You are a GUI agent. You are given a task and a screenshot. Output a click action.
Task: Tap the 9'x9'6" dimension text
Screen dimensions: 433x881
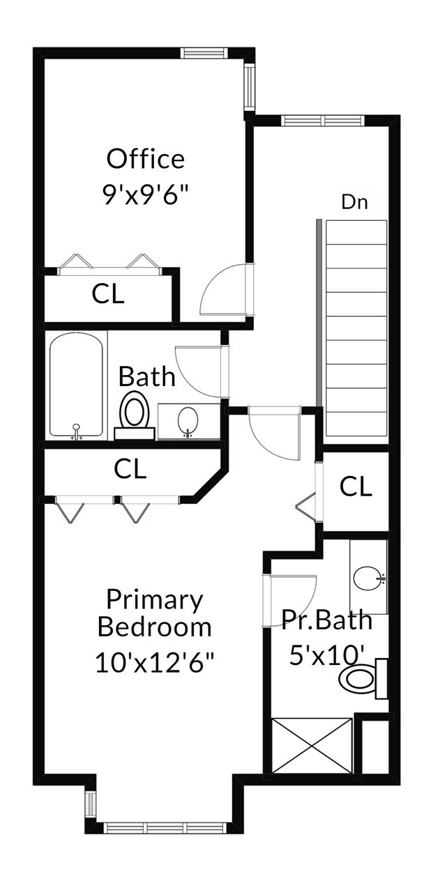145,194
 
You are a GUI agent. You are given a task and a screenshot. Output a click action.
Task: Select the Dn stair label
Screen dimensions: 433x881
354,202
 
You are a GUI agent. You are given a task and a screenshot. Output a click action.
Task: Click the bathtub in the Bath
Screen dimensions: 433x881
76,385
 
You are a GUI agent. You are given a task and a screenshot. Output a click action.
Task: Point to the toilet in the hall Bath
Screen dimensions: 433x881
134,415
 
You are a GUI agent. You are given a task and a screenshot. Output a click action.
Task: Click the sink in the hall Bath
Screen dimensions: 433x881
188,421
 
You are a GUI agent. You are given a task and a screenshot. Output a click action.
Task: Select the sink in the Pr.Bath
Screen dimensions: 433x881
368,577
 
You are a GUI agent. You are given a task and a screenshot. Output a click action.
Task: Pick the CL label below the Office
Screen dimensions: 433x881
108,294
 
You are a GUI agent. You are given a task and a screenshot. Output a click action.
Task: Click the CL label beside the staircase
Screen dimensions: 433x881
356,486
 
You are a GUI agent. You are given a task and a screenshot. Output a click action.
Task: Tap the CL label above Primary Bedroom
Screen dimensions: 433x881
130,468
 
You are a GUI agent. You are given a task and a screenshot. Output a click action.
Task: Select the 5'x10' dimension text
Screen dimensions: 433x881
326,655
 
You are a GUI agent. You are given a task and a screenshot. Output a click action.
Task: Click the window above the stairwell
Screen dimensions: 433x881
323,120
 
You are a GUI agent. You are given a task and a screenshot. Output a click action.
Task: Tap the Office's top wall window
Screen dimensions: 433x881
204,53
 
